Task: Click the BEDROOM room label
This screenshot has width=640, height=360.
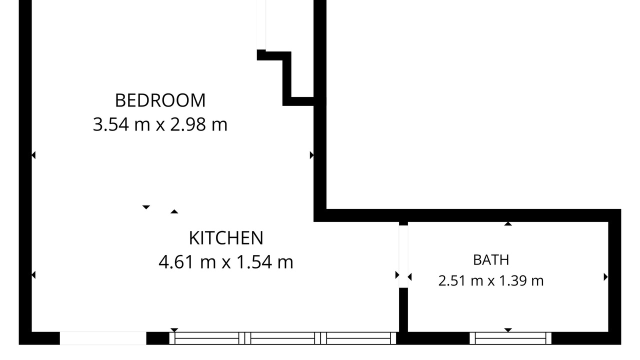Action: click(160, 100)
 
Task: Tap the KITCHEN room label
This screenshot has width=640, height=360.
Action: click(226, 238)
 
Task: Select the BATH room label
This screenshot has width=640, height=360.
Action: click(491, 260)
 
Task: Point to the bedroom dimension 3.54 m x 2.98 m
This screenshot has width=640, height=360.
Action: click(160, 124)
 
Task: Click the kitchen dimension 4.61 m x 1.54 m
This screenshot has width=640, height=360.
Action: click(226, 262)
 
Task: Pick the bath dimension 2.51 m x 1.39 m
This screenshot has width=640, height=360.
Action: click(491, 280)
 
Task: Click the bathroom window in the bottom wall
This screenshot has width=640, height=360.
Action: click(510, 338)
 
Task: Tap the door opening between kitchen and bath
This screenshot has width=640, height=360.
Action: click(403, 256)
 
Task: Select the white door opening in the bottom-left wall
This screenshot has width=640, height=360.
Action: click(103, 338)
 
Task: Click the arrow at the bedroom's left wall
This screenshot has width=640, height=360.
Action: click(33, 155)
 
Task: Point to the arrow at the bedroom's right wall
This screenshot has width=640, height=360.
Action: click(311, 155)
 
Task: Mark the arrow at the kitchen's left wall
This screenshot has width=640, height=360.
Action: click(33, 275)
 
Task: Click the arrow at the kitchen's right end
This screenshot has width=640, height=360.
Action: click(397, 275)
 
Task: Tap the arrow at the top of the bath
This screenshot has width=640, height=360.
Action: click(507, 223)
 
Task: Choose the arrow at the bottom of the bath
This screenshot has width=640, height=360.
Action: click(507, 330)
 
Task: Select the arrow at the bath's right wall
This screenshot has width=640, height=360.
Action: click(605, 277)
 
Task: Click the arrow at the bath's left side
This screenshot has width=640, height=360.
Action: click(409, 277)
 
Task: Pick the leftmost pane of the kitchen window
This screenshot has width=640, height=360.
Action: click(207, 338)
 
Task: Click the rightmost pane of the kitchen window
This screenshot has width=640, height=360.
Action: click(358, 338)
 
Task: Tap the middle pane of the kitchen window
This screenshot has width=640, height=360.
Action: click(282, 338)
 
